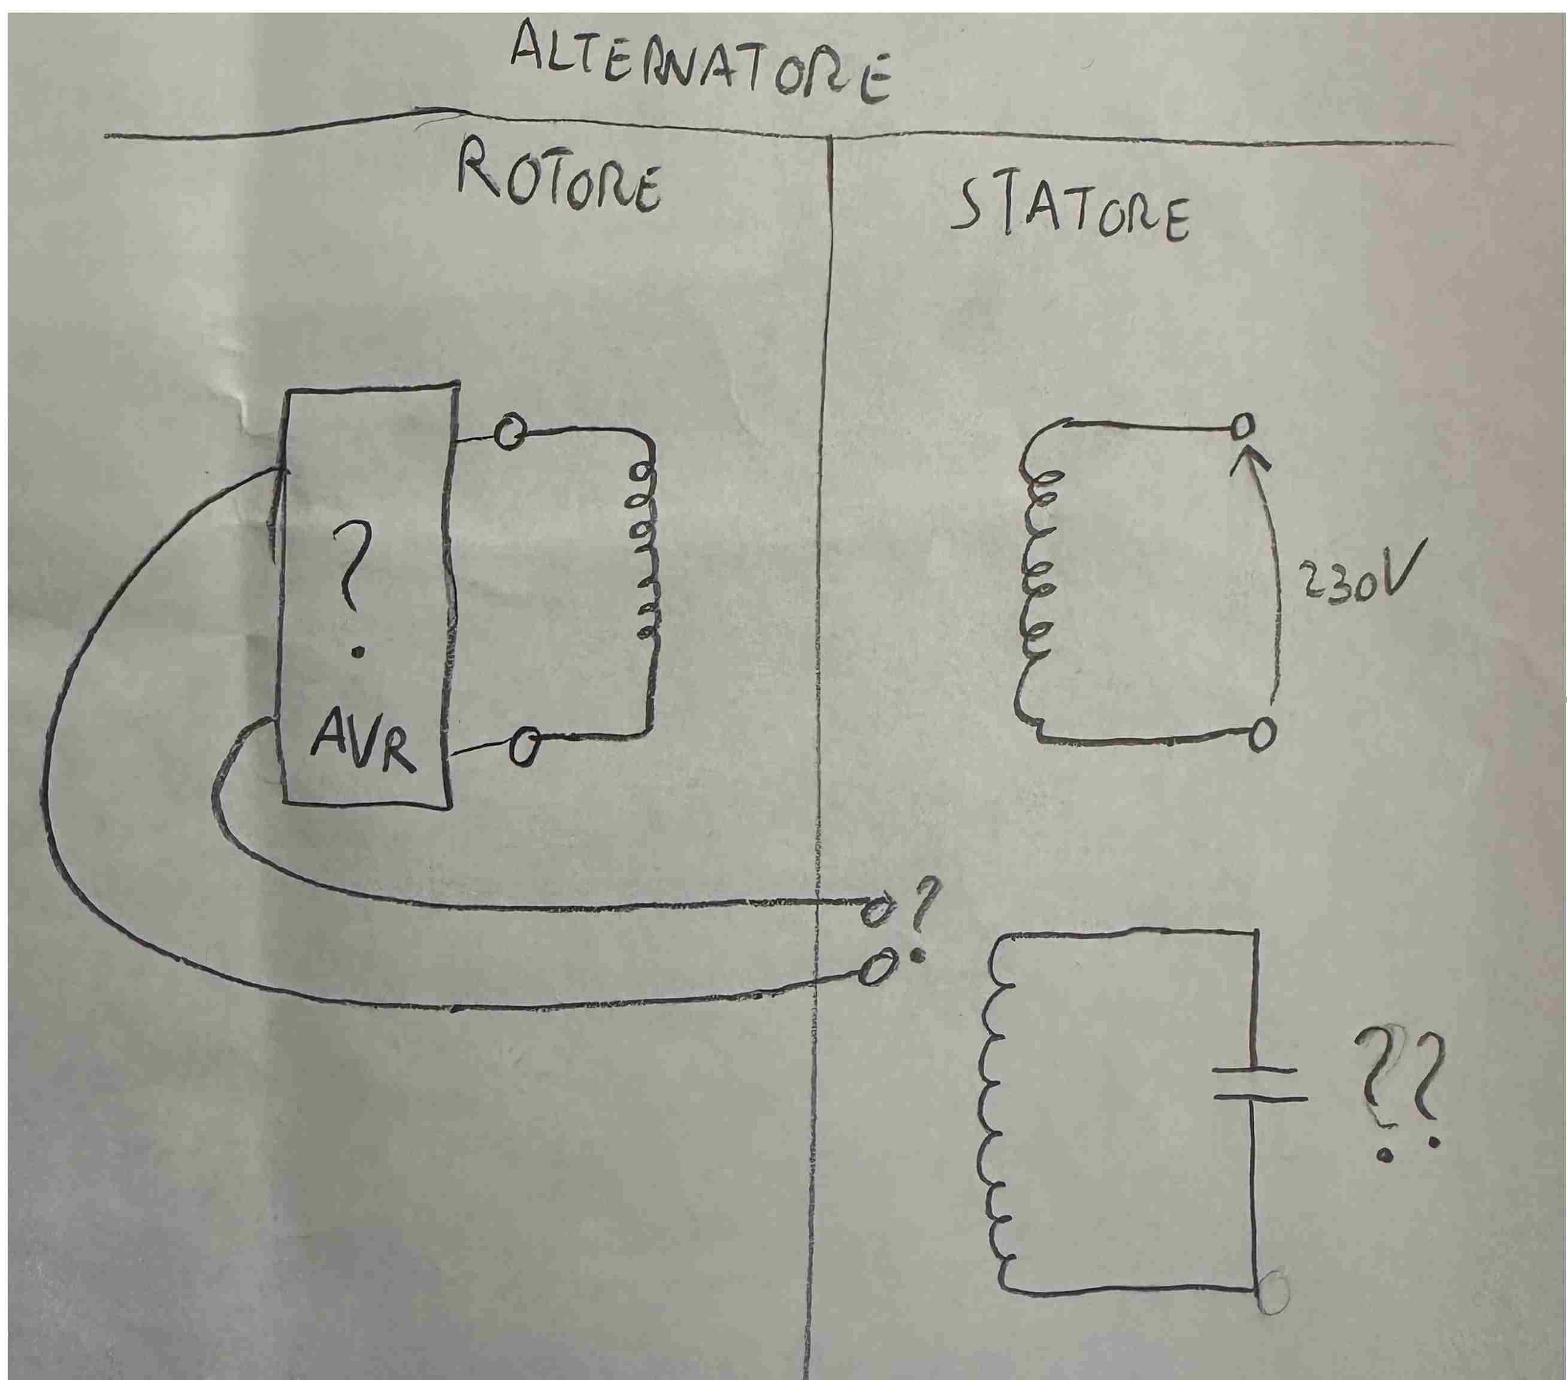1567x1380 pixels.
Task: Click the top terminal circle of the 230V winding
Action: click(1244, 423)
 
